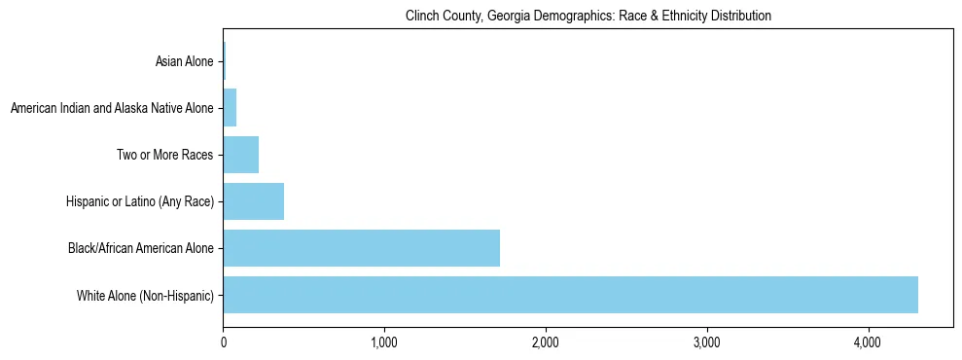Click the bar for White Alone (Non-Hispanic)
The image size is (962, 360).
(x=570, y=295)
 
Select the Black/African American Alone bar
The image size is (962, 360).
(x=361, y=248)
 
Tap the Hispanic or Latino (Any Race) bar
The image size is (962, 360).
(x=253, y=201)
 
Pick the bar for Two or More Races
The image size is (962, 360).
(x=240, y=155)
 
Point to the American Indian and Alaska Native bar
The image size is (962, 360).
(x=230, y=108)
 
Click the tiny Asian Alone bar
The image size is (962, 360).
(x=224, y=61)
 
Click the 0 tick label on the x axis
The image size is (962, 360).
(x=223, y=342)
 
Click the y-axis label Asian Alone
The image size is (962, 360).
(x=184, y=62)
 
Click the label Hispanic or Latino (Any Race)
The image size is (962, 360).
(x=140, y=202)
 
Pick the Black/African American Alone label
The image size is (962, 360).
(x=141, y=249)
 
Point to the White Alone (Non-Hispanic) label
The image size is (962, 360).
(x=145, y=296)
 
